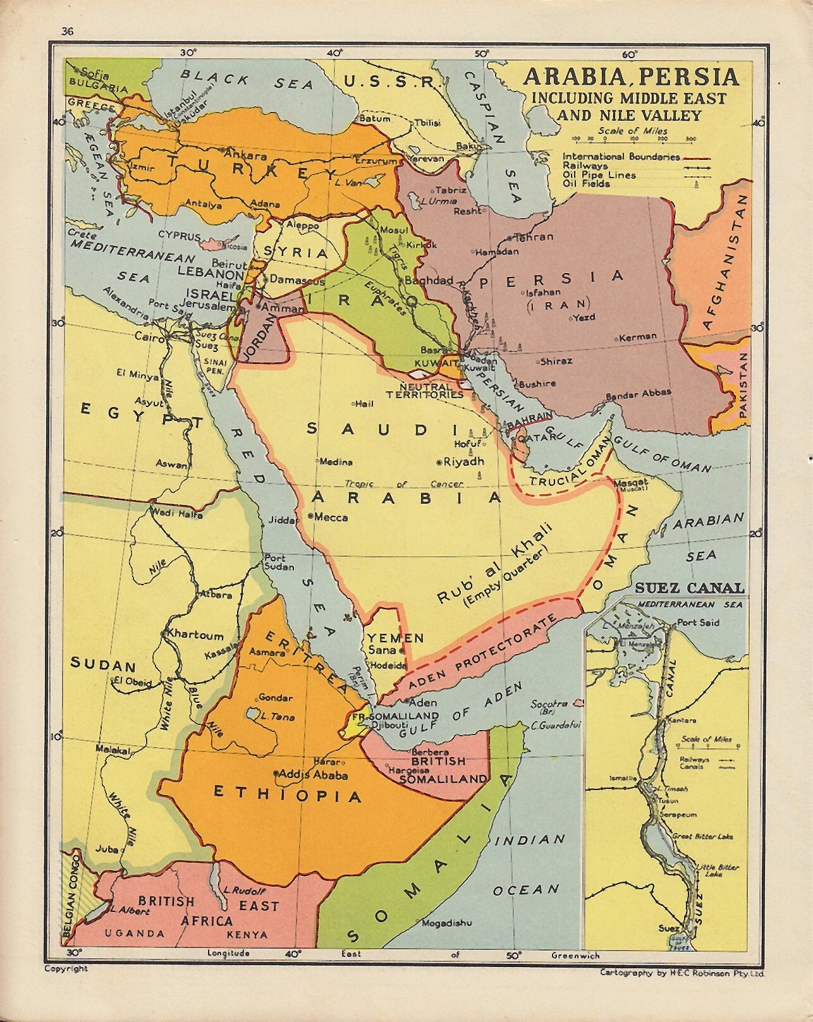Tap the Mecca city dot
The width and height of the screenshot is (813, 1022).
310,516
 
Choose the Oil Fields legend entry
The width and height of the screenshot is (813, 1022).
587,184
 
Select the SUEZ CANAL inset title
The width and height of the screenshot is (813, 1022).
689,588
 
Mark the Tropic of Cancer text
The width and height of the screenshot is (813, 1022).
404,484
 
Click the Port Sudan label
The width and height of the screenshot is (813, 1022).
275,563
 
